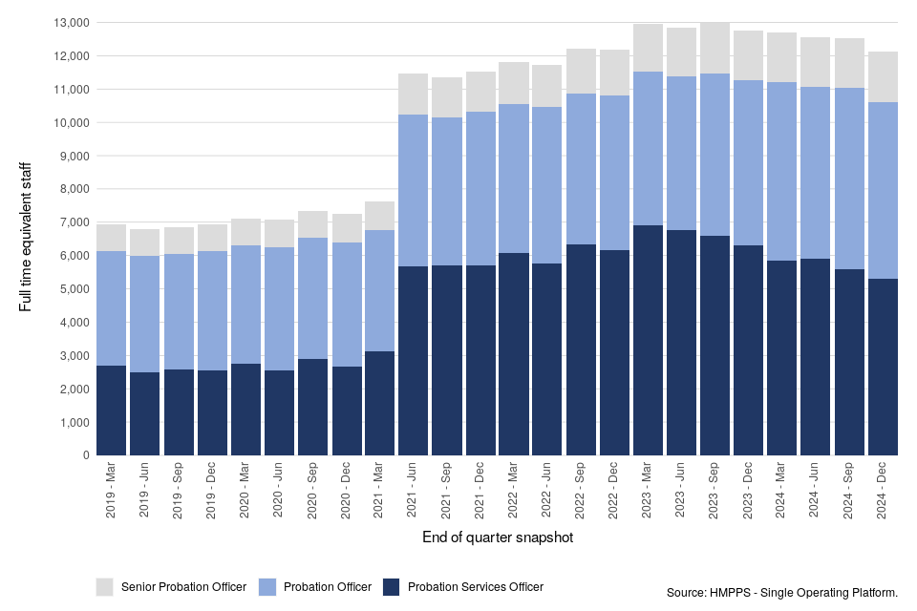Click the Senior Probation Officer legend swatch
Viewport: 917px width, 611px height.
(105, 586)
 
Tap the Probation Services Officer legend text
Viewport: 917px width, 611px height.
(476, 586)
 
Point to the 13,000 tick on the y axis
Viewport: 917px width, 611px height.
(72, 22)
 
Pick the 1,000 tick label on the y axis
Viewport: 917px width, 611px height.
(75, 422)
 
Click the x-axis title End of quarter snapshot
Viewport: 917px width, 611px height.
(497, 537)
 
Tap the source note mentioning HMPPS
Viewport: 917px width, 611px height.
(782, 593)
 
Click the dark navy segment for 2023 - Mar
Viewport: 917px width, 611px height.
(649, 340)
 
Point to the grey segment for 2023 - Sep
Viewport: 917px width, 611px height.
(715, 48)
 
